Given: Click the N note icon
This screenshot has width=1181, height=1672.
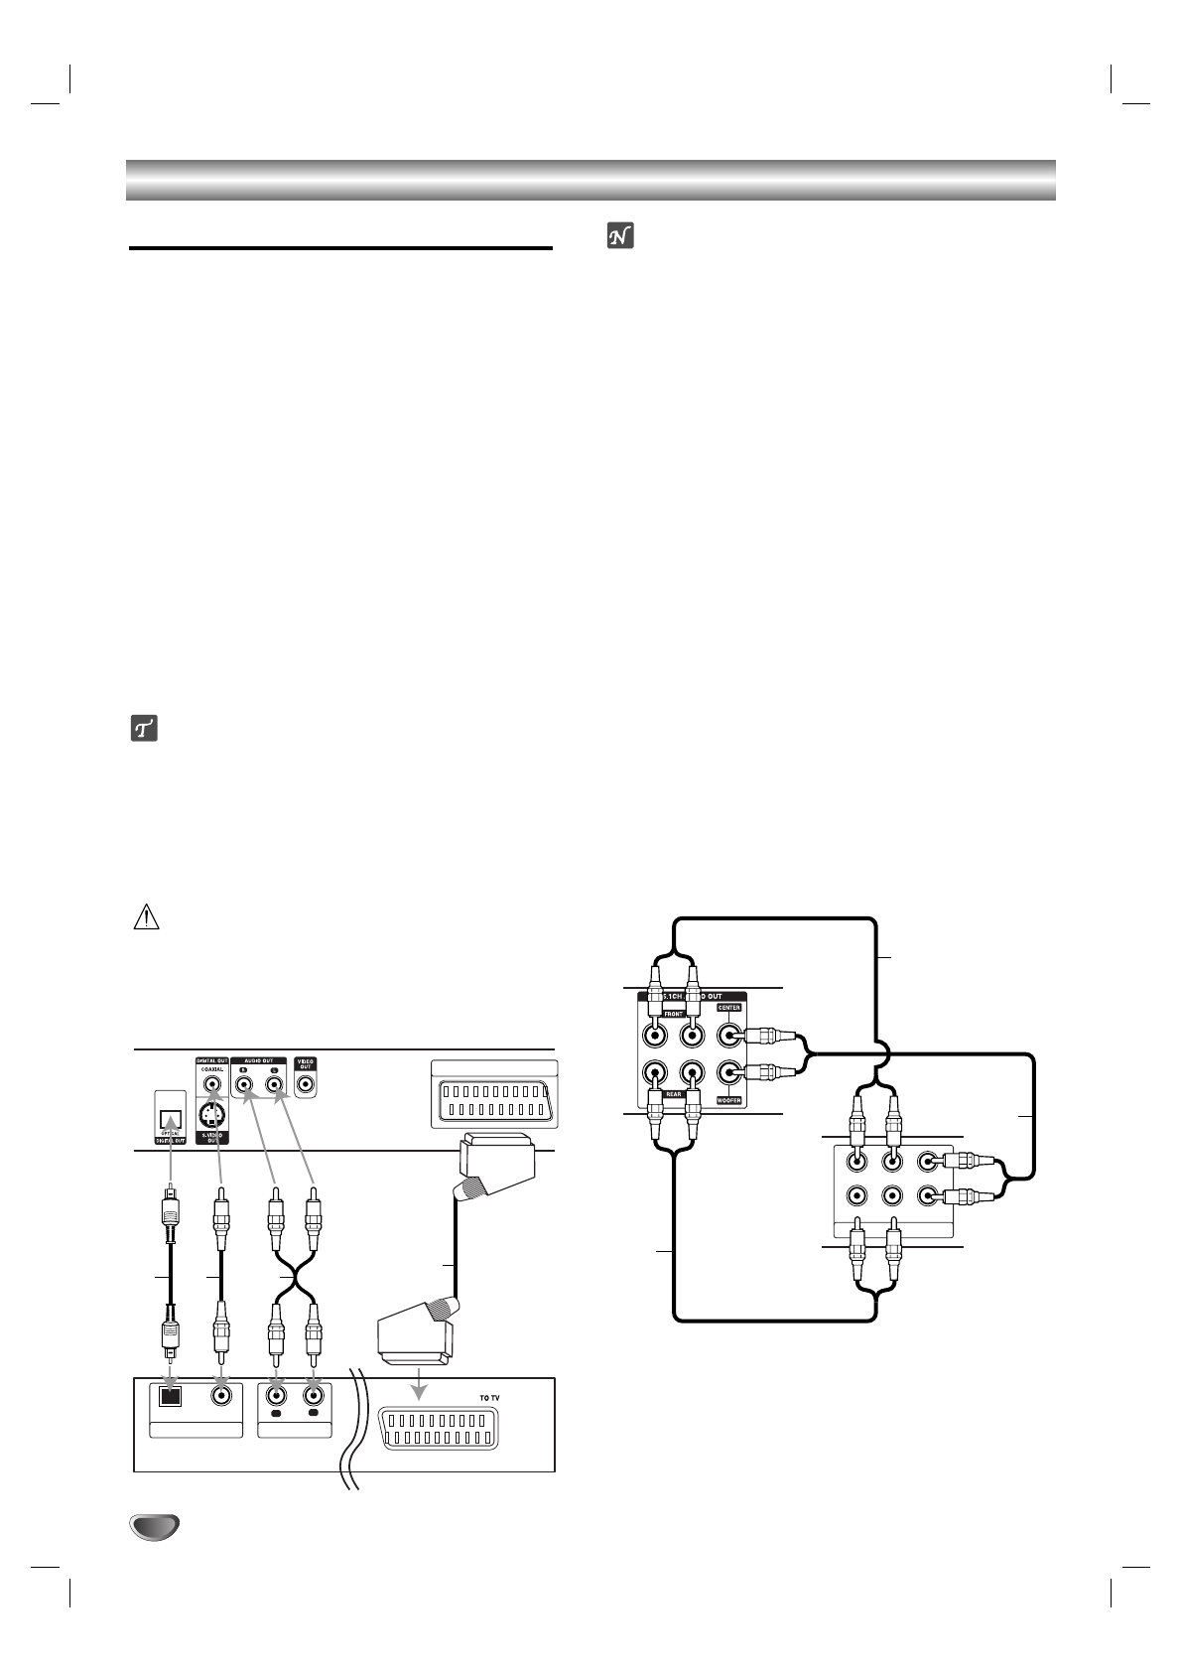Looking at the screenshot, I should [620, 235].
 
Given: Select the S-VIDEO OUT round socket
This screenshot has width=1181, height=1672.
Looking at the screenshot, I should [210, 1116].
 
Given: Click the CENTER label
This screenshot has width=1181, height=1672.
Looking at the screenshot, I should [729, 1008].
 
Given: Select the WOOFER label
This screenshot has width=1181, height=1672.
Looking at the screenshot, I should [729, 1100].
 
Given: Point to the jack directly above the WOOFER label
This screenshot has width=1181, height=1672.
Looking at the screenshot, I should [729, 1073].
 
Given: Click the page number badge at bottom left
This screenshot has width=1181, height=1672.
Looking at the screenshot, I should [153, 1527].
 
